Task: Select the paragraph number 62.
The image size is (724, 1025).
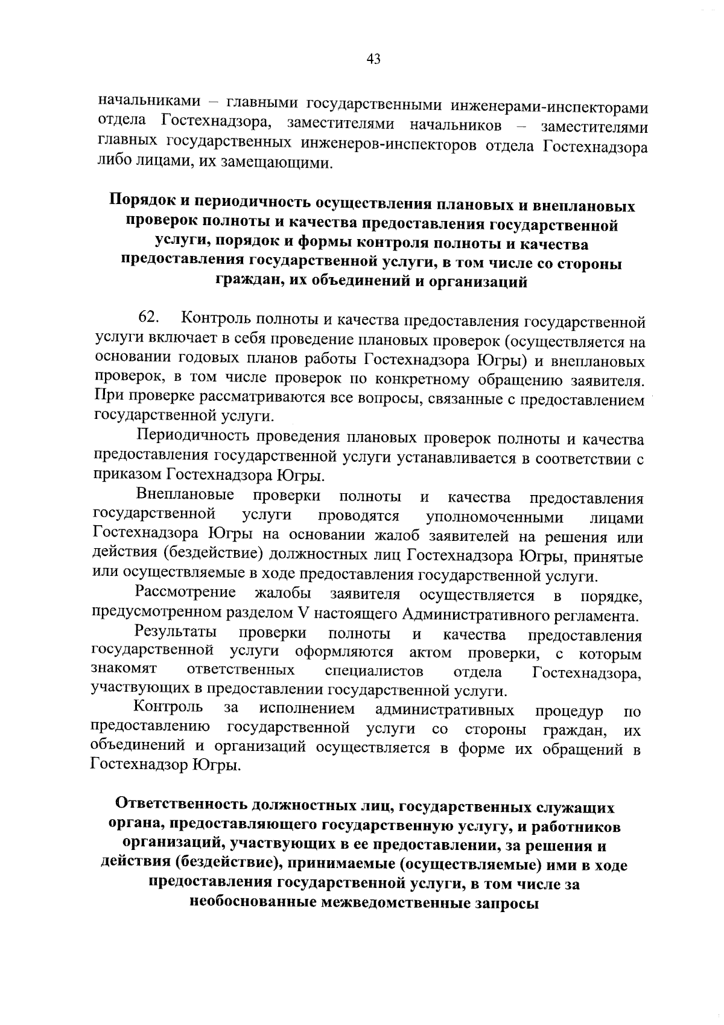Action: [x=148, y=317]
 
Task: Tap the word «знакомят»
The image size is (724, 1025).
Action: [x=124, y=671]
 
